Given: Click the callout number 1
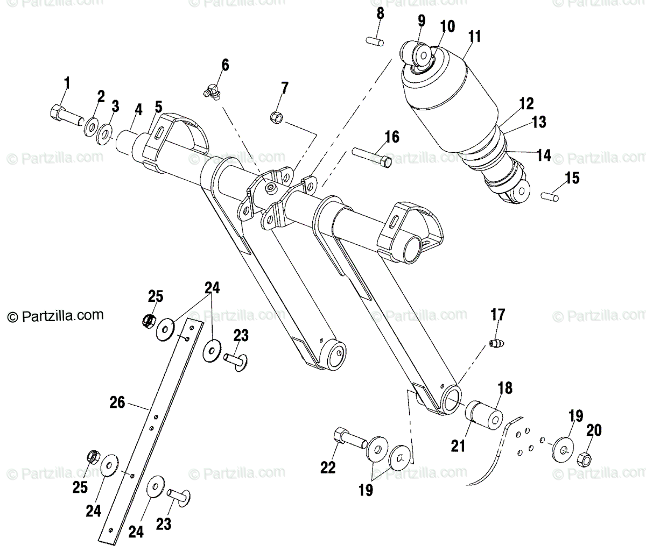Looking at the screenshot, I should [67, 83].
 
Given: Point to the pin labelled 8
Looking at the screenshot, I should [375, 40].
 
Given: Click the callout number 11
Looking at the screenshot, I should [474, 37].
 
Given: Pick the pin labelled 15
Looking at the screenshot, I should [551, 195].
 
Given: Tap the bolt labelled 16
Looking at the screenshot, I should [372, 157].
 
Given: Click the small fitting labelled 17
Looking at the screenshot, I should [496, 343].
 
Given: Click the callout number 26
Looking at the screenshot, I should [117, 402].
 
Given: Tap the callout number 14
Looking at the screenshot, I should [544, 155].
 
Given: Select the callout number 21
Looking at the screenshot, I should [458, 446].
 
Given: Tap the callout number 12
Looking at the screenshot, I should [526, 103].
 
